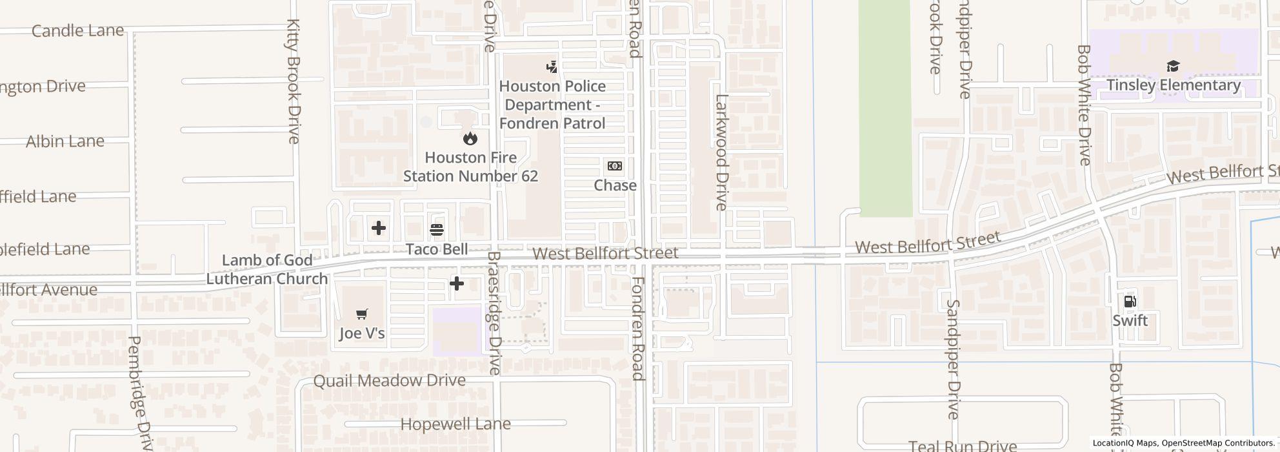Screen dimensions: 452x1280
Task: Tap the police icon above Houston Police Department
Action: point(552,66)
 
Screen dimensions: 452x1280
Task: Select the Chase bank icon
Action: point(615,166)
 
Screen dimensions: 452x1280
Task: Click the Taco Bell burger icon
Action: point(437,229)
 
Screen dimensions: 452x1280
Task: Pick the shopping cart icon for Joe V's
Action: point(362,314)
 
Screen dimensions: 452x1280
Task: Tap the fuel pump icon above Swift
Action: point(1130,302)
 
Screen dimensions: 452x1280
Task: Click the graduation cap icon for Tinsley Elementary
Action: point(1173,66)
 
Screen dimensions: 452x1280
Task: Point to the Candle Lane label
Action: point(77,30)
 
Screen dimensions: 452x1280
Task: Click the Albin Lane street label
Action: point(65,141)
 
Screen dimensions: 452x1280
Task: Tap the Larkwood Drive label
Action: point(721,152)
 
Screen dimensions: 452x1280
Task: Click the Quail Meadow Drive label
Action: point(389,380)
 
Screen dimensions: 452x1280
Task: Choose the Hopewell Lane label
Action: point(455,424)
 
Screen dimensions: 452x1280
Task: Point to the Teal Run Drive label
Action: point(963,446)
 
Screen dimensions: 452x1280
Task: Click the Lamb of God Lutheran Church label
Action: point(266,269)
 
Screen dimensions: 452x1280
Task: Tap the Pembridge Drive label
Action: point(140,393)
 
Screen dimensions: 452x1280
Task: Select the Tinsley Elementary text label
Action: point(1174,85)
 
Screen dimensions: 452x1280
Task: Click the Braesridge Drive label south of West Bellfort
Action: point(494,313)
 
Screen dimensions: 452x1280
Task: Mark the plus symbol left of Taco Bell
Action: point(379,227)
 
